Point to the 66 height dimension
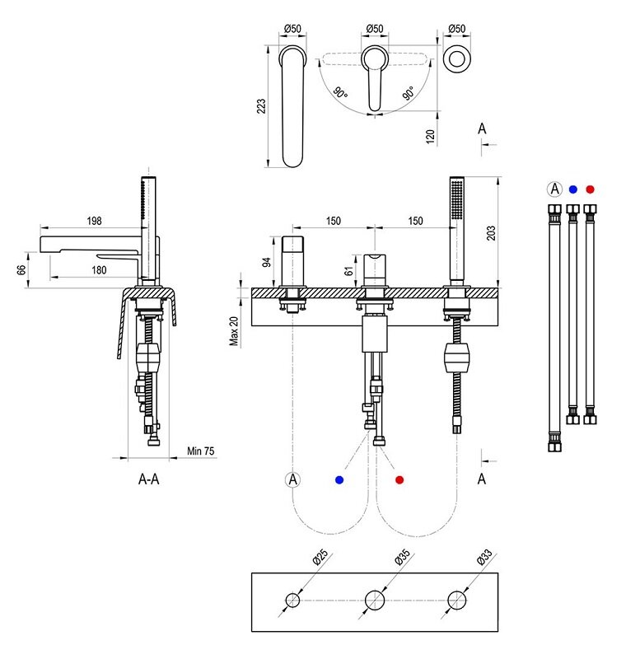click(22, 269)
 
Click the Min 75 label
click(200, 451)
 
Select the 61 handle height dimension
click(349, 269)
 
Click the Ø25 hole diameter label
click(320, 559)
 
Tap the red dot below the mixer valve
click(399, 479)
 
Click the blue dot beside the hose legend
click(573, 189)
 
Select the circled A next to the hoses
click(554, 189)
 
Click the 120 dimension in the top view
click(430, 136)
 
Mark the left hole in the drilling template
click(292, 600)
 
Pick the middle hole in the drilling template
click(375, 600)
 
